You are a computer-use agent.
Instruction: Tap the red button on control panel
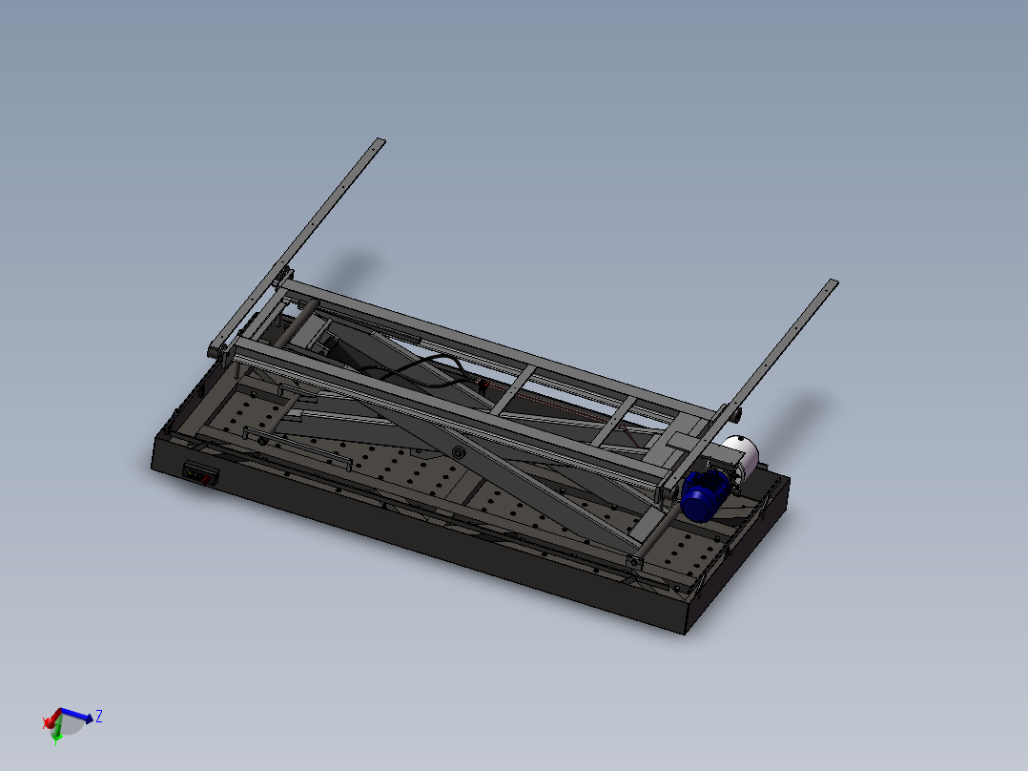[x=202, y=478]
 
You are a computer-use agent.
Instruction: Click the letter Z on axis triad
[x=99, y=716]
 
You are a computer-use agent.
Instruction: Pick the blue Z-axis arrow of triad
[x=82, y=716]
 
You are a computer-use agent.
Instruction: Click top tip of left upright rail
[x=380, y=141]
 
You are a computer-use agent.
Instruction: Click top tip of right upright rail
[x=833, y=282]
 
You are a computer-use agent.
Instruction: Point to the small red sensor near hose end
[x=483, y=385]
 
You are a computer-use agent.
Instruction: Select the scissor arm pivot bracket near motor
[x=633, y=561]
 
